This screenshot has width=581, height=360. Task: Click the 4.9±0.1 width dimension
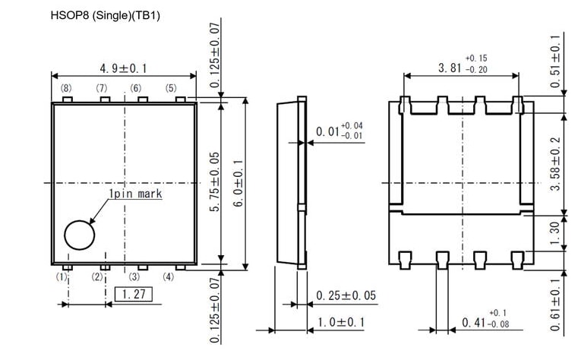pyautogui.click(x=123, y=68)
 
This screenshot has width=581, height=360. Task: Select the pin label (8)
pyautogui.click(x=66, y=88)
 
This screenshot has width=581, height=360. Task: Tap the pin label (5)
pyautogui.click(x=171, y=88)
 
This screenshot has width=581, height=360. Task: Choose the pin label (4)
pyautogui.click(x=169, y=277)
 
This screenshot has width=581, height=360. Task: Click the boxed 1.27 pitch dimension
pyautogui.click(x=133, y=294)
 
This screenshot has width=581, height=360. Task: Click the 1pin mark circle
pyautogui.click(x=78, y=235)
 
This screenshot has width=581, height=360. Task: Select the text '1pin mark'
pyautogui.click(x=135, y=194)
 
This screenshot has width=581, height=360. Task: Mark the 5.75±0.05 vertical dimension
pyautogui.click(x=214, y=183)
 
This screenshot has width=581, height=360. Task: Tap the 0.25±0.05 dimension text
pyautogui.click(x=346, y=295)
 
